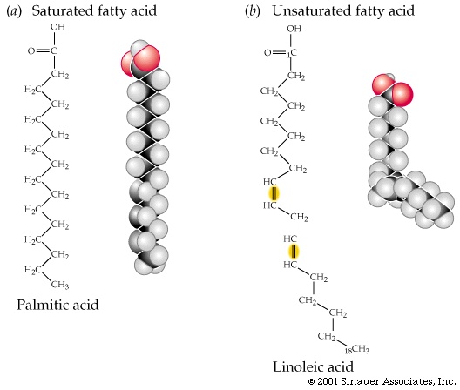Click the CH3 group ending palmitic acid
coord(60,285)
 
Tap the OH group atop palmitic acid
coord(57,27)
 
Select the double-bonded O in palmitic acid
coord(31,51)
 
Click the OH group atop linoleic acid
coord(294,29)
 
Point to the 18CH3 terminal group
coord(356,349)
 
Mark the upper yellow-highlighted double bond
coord(274,194)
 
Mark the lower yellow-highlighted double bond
coord(294,252)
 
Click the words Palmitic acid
coord(57,305)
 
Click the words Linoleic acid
coord(314,366)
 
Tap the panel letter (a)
coord(14,11)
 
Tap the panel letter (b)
coord(253,11)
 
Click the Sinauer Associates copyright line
coord(382,381)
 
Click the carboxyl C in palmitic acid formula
coord(53,51)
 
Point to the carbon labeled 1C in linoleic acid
coord(292,53)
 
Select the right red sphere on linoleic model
coord(402,94)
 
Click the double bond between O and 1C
coord(280,53)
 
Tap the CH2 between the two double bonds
coord(299,218)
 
